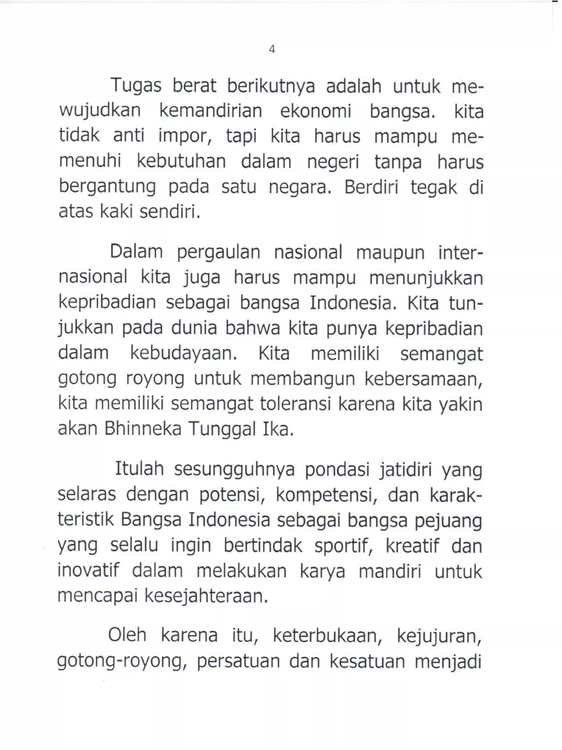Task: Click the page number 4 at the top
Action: (272, 50)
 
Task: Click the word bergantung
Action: (107, 187)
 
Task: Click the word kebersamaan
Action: (423, 379)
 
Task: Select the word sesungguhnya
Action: (234, 470)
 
